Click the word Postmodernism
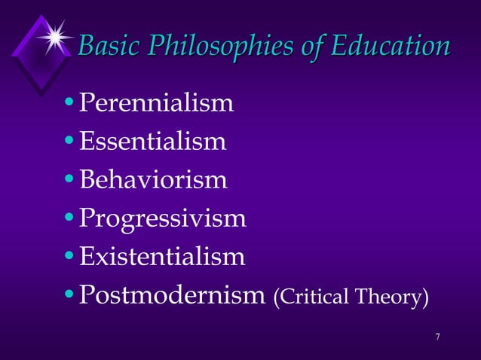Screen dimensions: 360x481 pyautogui.click(x=172, y=295)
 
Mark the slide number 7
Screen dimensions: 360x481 pyautogui.click(x=437, y=335)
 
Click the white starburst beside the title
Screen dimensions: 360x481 pyautogui.click(x=54, y=35)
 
